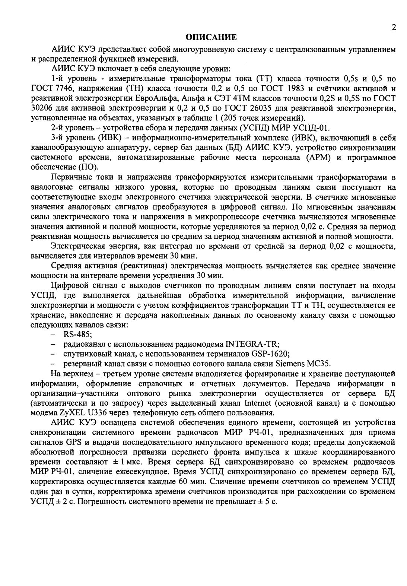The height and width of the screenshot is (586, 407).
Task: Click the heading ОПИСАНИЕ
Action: point(211,37)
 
